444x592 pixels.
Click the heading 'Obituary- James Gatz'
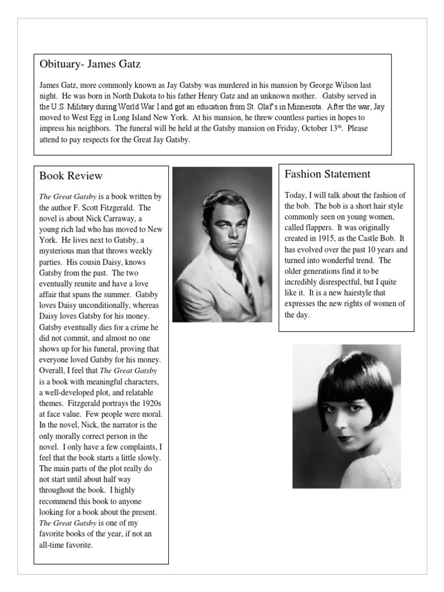click(90, 63)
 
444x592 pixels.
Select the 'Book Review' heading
click(71, 175)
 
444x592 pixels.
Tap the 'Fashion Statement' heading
click(328, 174)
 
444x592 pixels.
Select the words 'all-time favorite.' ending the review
click(66, 545)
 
